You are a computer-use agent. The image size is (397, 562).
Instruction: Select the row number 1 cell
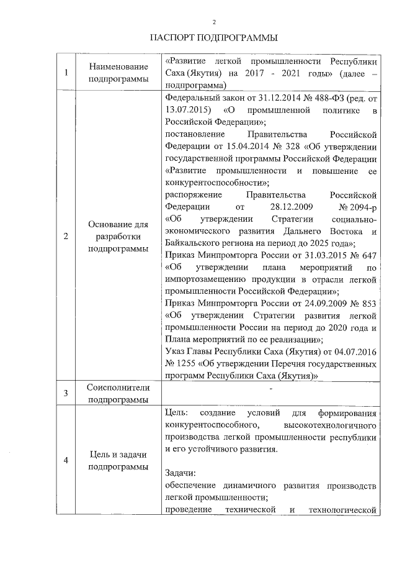66,73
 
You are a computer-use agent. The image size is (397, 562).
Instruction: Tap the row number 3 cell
66,393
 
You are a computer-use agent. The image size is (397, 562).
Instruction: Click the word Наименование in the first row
118,67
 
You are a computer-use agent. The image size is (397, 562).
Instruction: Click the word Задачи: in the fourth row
182,473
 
